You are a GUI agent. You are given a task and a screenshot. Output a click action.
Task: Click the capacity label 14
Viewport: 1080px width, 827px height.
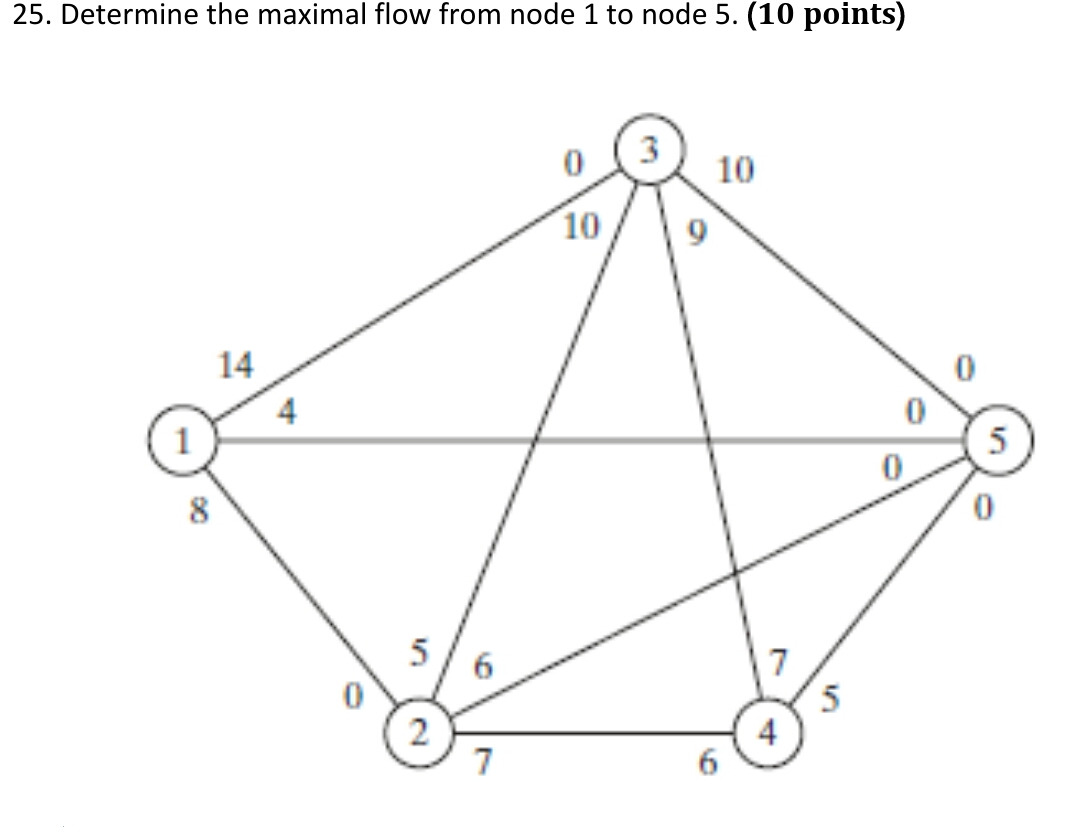coord(236,366)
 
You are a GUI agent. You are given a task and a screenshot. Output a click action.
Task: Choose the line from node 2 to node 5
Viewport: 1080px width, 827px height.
coord(700,582)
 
